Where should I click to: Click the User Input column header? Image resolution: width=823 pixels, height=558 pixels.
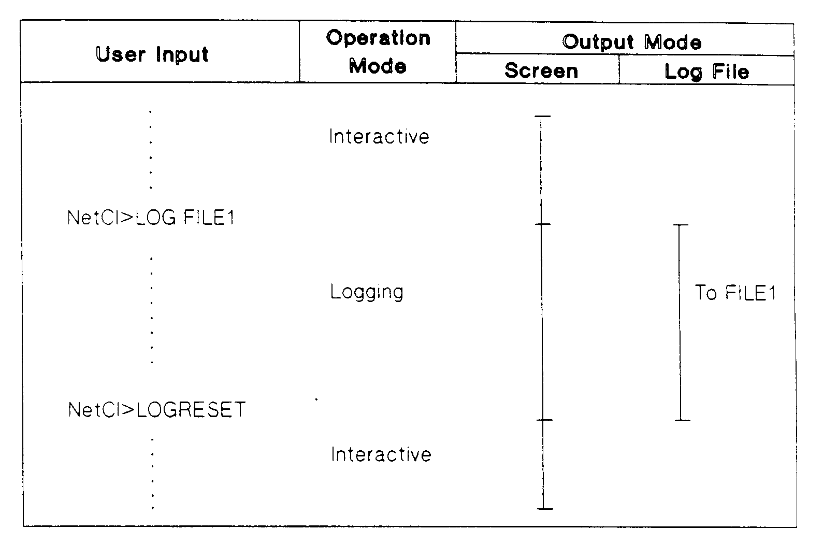click(x=152, y=54)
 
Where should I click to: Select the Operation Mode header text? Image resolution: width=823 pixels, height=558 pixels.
click(x=378, y=52)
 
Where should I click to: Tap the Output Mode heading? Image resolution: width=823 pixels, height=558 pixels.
click(x=632, y=42)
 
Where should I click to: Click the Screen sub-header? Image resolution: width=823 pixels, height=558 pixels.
click(x=541, y=71)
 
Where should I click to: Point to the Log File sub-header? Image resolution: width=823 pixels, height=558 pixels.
click(x=707, y=71)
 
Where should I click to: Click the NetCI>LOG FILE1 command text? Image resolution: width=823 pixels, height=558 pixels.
click(x=151, y=218)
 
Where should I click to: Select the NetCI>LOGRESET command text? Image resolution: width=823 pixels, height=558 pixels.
click(x=157, y=410)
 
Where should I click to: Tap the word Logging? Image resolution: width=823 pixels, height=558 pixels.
click(x=367, y=292)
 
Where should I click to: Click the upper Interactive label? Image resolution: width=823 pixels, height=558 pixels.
click(x=379, y=137)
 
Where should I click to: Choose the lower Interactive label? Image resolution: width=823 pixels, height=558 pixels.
click(x=381, y=454)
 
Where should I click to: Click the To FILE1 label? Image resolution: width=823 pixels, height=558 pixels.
click(x=735, y=293)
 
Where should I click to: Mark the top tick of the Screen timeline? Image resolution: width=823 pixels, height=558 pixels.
click(x=542, y=117)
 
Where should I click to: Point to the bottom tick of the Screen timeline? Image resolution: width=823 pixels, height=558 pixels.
click(x=544, y=509)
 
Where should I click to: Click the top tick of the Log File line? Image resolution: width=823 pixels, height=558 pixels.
click(x=680, y=225)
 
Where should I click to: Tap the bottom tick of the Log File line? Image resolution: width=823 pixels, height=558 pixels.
click(x=682, y=420)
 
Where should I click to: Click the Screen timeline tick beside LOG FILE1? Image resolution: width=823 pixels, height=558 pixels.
click(x=542, y=224)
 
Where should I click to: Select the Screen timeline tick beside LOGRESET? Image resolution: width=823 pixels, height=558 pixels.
click(x=543, y=420)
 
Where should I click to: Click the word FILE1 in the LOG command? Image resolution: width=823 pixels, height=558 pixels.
click(x=209, y=218)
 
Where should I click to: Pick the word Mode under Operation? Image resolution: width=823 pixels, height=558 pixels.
click(x=378, y=66)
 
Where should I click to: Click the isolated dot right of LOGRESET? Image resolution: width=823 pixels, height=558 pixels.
click(x=316, y=399)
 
